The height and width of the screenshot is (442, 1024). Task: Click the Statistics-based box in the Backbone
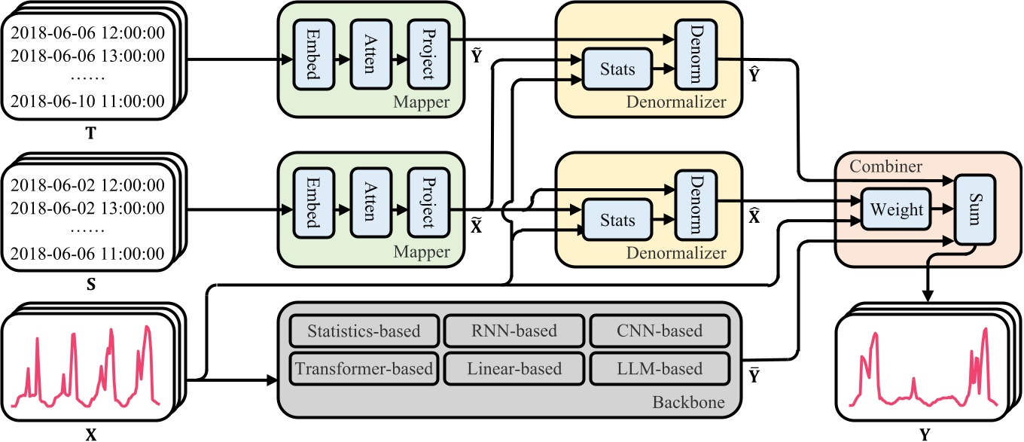363,331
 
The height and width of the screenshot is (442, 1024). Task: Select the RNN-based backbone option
514,331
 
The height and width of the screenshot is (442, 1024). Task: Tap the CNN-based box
660,331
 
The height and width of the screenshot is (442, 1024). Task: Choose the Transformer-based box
363,369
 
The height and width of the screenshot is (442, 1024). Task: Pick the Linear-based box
514,369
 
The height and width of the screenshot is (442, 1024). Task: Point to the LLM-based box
660,369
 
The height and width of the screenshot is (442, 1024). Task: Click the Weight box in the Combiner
896,210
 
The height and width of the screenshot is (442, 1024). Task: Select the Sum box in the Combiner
975,210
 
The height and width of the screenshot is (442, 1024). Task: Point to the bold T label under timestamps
90,134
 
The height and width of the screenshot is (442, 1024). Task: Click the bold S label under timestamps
90,286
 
